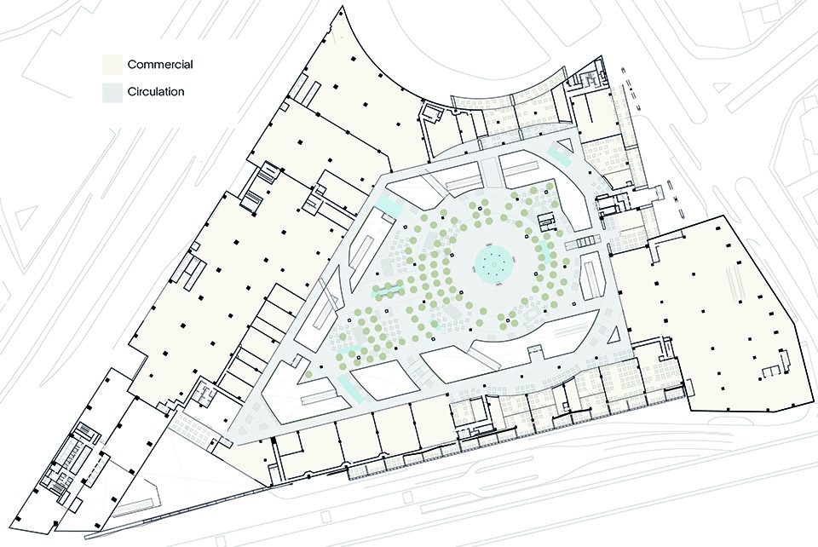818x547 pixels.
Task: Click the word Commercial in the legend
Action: pos(160,64)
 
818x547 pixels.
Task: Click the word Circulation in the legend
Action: pos(156,92)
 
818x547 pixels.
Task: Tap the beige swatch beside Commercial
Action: pos(112,64)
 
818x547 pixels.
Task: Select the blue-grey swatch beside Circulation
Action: pos(112,92)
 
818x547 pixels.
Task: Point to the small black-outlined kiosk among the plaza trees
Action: pos(546,222)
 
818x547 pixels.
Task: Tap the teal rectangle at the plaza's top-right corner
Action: pos(558,154)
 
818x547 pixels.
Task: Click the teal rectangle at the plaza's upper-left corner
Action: pos(387,202)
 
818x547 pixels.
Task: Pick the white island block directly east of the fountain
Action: pos(591,276)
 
